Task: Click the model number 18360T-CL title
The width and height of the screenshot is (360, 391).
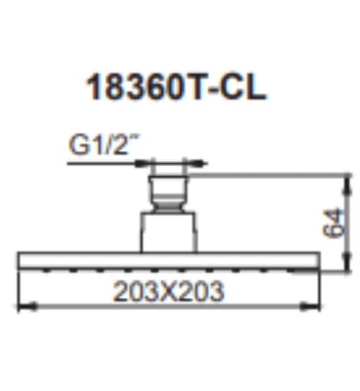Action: (175, 89)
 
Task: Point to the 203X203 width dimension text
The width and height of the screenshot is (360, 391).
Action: (168, 291)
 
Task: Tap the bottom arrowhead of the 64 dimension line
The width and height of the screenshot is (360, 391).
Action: (348, 268)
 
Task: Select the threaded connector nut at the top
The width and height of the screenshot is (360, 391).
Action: (166, 189)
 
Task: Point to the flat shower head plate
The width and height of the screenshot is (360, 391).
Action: (167, 260)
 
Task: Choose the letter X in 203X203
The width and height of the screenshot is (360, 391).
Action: (168, 291)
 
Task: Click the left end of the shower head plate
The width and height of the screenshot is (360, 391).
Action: (21, 260)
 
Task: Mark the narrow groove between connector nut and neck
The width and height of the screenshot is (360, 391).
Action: (166, 208)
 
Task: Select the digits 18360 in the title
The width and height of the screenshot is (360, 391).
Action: (134, 89)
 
